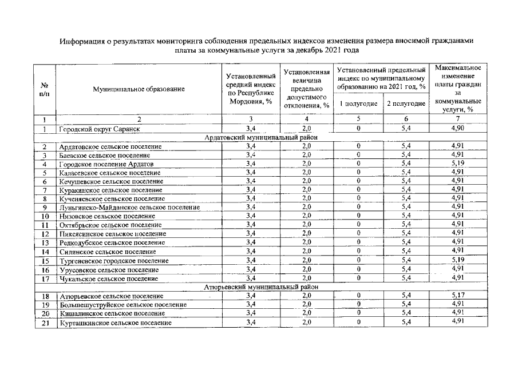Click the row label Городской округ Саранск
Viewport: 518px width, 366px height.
[100, 129]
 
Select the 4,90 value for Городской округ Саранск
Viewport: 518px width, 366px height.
[457, 129]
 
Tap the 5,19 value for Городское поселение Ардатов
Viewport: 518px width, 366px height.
[457, 164]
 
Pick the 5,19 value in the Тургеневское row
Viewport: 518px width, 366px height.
[457, 260]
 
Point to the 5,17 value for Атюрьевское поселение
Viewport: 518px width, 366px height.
[457, 295]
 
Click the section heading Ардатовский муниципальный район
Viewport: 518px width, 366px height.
[261, 138]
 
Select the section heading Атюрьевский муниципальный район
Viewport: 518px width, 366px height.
[261, 287]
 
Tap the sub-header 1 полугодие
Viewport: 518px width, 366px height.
[358, 104]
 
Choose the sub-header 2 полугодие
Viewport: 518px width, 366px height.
[406, 104]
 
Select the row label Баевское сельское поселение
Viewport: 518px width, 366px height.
[105, 155]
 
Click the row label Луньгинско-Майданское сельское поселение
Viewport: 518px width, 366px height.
[129, 207]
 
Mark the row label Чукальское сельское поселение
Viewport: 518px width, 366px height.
[109, 279]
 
